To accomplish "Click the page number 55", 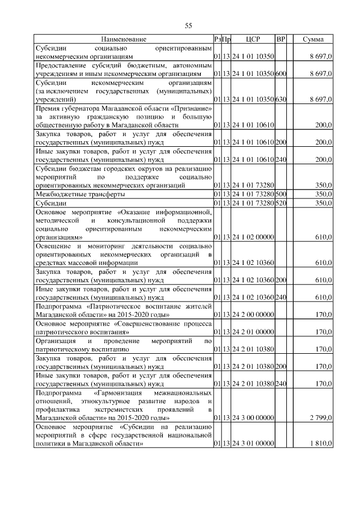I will tap(189, 25).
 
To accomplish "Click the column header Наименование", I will tap(124, 39).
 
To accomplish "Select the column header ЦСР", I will tap(253, 39).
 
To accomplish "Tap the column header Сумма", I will tap(313, 39).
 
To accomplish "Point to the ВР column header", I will tap(281, 39).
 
